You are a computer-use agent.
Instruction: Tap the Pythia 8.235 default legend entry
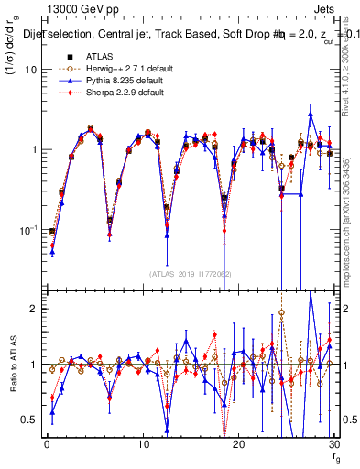tap(112, 80)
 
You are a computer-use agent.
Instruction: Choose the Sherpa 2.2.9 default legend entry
tap(112, 93)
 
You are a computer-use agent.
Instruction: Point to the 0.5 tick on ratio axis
tap(30, 420)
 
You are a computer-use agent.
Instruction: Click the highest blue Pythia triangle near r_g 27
tap(311, 115)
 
